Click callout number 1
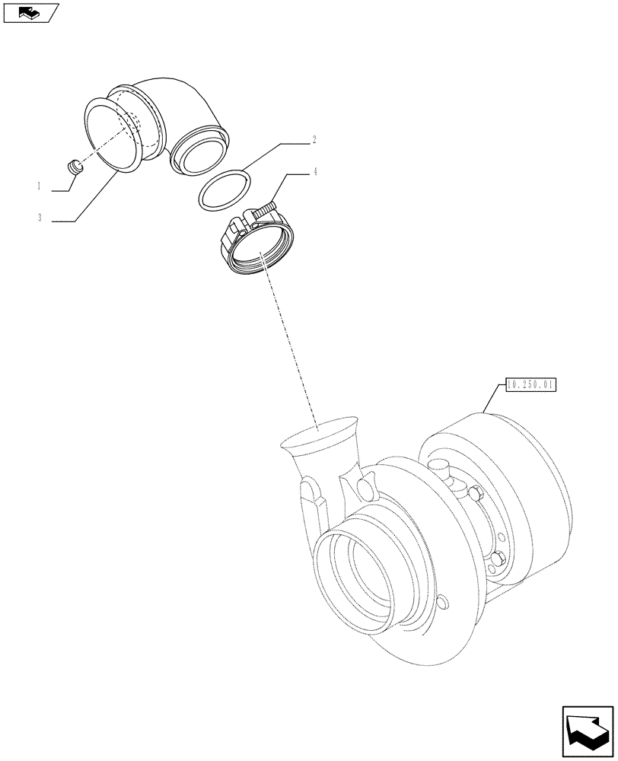click(37, 186)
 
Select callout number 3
click(38, 218)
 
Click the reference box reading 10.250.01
click(530, 385)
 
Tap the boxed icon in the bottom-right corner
click(588, 732)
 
